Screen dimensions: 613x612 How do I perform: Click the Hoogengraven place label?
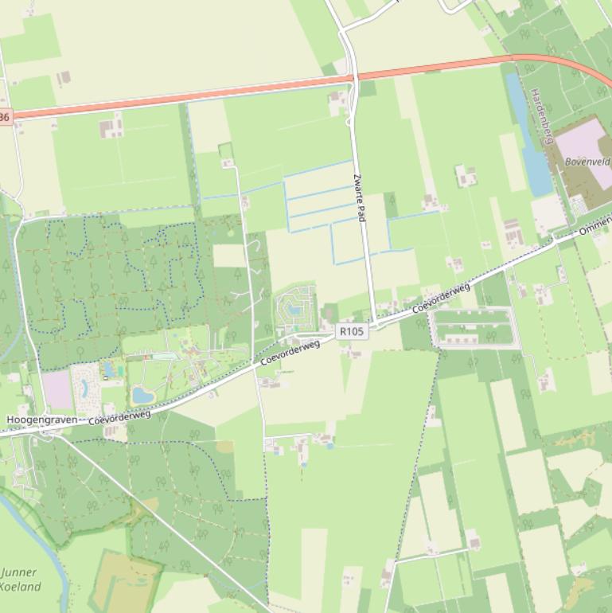pyautogui.click(x=41, y=419)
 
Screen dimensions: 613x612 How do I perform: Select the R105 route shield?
pyautogui.click(x=353, y=330)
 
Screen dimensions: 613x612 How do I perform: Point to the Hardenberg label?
pyautogui.click(x=541, y=116)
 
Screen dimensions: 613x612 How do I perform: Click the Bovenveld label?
pyautogui.click(x=588, y=161)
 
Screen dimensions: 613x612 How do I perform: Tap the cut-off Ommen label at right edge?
pyautogui.click(x=595, y=228)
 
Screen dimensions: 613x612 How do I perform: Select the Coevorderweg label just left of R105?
pyautogui.click(x=290, y=352)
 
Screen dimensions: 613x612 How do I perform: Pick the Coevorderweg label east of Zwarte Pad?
pyautogui.click(x=442, y=296)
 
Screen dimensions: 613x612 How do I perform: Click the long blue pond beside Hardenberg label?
pyautogui.click(x=529, y=135)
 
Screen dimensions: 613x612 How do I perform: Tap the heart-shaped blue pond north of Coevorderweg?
pyautogui.click(x=143, y=395)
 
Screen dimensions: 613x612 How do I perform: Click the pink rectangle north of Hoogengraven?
pyautogui.click(x=57, y=390)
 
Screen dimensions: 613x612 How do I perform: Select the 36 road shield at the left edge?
pyautogui.click(x=5, y=117)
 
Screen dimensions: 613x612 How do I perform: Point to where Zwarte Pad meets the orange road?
pyautogui.click(x=353, y=77)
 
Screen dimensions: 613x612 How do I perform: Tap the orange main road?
pyautogui.click(x=199, y=95)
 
